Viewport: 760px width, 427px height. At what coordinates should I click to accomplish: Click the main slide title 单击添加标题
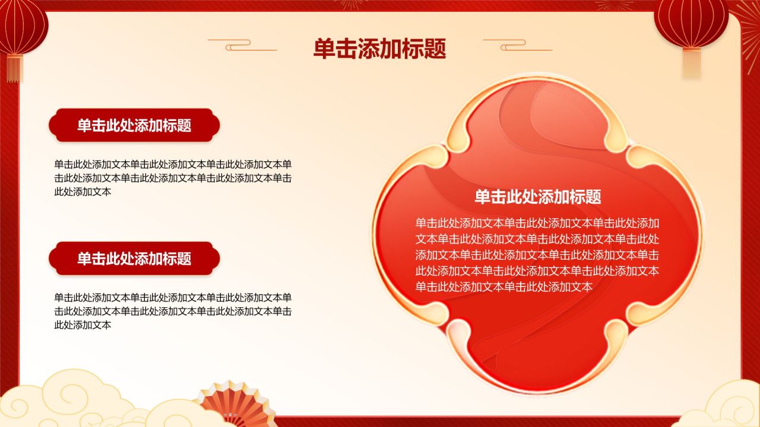pyautogui.click(x=379, y=49)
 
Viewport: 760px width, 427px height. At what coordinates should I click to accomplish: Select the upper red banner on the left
pyautogui.click(x=134, y=125)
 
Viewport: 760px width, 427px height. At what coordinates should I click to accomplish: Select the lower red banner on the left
pyautogui.click(x=134, y=259)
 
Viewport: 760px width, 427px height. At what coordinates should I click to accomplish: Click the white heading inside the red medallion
pyautogui.click(x=537, y=197)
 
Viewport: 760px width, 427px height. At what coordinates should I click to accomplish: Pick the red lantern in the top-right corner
pyautogui.click(x=691, y=23)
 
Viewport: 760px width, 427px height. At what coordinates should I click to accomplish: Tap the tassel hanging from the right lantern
pyautogui.click(x=691, y=62)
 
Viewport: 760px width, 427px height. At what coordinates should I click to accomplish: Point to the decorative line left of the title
pyautogui.click(x=242, y=44)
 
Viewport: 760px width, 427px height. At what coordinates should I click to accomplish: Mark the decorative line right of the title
pyautogui.click(x=517, y=44)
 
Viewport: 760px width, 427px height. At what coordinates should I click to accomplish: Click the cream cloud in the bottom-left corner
pyautogui.click(x=65, y=400)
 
